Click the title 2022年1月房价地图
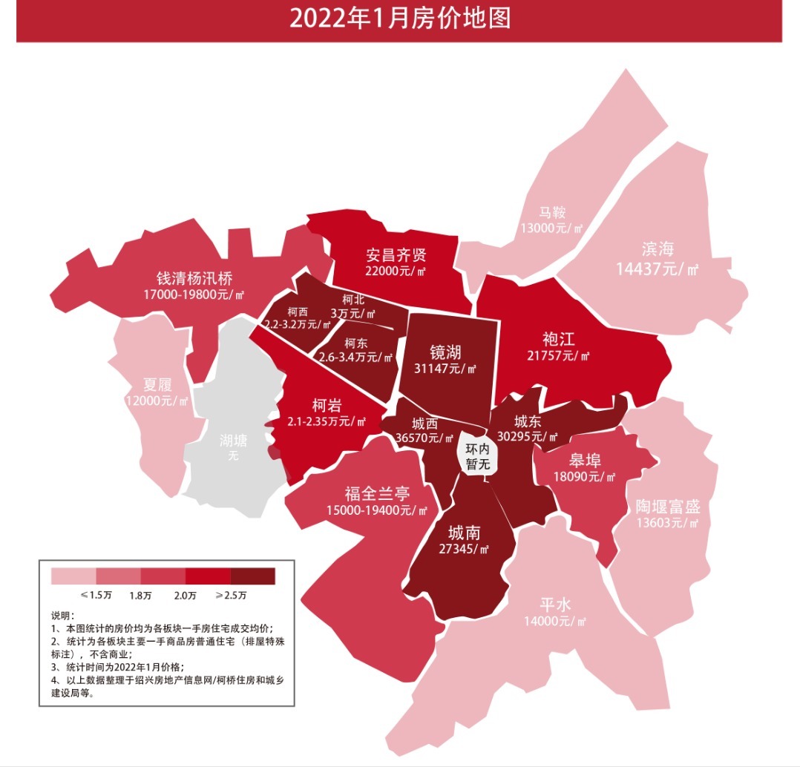[400, 19]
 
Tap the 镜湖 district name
[445, 352]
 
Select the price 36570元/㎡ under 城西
[424, 438]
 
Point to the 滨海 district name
[658, 249]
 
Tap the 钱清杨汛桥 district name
[194, 278]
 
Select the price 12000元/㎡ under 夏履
[157, 401]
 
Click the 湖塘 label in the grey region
[234, 441]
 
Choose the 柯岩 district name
[327, 405]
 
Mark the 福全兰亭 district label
[377, 494]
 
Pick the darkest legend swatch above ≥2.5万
[253, 576]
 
